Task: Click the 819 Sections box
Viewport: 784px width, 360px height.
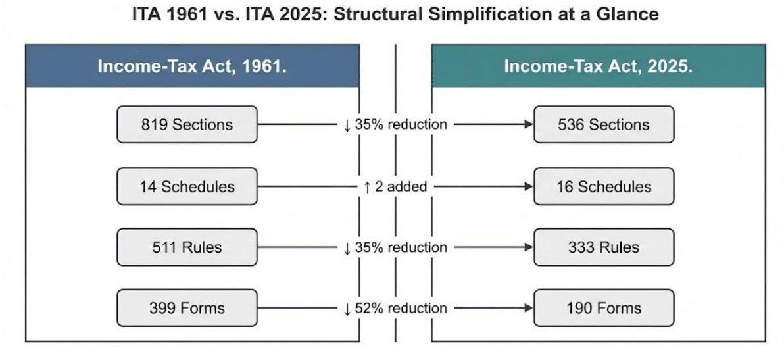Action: (187, 124)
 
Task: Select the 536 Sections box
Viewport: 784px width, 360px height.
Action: (604, 124)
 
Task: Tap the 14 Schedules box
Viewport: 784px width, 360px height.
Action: (187, 186)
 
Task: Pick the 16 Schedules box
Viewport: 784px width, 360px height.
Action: (604, 186)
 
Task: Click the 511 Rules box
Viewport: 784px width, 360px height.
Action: (187, 247)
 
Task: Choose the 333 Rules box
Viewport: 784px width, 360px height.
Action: (604, 247)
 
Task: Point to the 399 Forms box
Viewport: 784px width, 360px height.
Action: (187, 308)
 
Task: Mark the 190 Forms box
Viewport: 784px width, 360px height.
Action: (604, 308)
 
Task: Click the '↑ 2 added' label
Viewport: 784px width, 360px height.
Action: (395, 187)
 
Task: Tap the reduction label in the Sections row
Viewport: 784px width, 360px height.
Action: (395, 124)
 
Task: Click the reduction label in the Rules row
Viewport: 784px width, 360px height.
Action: (395, 247)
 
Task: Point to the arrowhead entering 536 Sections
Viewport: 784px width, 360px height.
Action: (529, 124)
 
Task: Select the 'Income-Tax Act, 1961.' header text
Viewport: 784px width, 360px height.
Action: (192, 66)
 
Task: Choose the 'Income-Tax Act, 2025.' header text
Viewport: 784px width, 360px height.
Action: (599, 66)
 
